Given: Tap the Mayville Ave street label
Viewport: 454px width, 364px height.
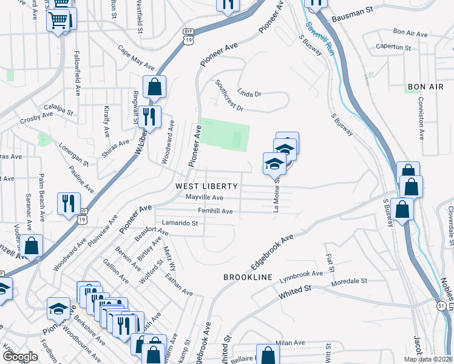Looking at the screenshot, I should [205, 198].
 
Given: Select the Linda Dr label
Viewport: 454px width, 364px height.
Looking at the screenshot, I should [249, 94].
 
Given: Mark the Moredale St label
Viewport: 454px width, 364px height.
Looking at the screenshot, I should [350, 281].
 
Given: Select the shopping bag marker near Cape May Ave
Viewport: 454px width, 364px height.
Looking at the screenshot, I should [155, 86].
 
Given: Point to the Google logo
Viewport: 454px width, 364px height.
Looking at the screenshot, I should [20, 357].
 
